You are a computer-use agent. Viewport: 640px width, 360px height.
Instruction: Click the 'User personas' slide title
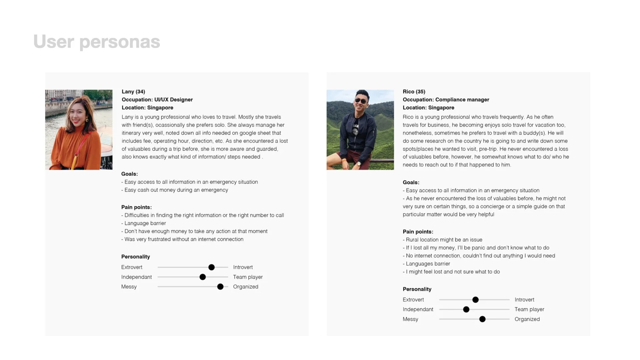pos(97,42)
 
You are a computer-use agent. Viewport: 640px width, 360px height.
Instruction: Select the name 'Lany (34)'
pos(133,92)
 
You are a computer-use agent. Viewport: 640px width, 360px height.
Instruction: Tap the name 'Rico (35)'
pos(414,92)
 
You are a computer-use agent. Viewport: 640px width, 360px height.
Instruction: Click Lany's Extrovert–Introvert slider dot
pos(212,267)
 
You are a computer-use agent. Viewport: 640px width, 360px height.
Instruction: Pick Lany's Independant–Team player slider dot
pos(203,277)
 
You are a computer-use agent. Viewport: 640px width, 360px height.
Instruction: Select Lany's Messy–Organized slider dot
pos(220,287)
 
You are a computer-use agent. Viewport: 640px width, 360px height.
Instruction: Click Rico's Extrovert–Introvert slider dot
pos(476,300)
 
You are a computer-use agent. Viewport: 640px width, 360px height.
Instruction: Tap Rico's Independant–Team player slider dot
pos(466,309)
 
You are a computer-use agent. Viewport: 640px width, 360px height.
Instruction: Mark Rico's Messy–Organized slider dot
pos(482,319)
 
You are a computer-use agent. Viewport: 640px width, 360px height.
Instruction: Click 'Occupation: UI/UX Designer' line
pos(157,100)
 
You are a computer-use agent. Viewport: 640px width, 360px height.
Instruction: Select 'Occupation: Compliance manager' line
pos(446,100)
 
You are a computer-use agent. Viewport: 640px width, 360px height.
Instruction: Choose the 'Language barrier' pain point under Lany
pos(145,223)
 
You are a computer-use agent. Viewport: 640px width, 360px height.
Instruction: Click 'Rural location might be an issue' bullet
pos(444,240)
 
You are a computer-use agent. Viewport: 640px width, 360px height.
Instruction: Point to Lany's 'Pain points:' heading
pos(136,207)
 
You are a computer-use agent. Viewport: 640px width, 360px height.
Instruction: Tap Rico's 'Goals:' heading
pos(411,182)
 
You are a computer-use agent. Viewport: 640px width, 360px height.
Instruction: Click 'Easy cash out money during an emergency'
pos(176,190)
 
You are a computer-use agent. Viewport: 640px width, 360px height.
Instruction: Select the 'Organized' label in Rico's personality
pos(527,319)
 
